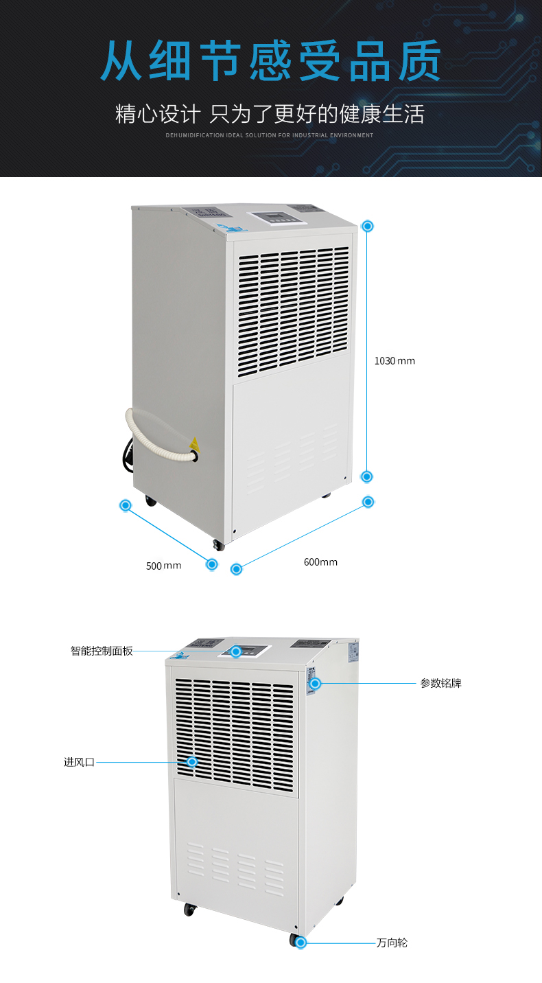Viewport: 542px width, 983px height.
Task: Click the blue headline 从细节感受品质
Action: pos(270,62)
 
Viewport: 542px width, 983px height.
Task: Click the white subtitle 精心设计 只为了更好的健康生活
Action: pos(270,113)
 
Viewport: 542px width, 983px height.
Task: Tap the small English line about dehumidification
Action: pos(270,135)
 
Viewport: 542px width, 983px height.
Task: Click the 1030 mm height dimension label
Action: pos(394,361)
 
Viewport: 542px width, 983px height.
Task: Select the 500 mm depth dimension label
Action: pos(163,566)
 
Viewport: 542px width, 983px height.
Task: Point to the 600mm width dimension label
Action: pos(320,562)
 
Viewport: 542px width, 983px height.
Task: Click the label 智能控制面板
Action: pos(102,651)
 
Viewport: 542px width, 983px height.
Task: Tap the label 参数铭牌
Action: pos(441,684)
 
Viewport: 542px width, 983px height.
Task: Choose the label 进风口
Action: pos(79,762)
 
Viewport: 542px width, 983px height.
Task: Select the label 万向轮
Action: pos(392,942)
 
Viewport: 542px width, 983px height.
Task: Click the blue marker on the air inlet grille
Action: pos(192,762)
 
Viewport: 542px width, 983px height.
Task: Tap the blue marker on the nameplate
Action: pos(315,684)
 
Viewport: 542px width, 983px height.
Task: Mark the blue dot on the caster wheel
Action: pos(300,942)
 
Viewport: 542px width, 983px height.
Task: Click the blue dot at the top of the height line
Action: pos(368,226)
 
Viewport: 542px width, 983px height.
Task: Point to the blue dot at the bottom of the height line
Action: pos(367,476)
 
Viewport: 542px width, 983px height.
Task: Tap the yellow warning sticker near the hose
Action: pos(194,443)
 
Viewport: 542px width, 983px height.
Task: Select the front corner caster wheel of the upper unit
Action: pos(218,545)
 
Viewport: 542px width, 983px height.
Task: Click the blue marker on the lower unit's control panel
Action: pos(236,651)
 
